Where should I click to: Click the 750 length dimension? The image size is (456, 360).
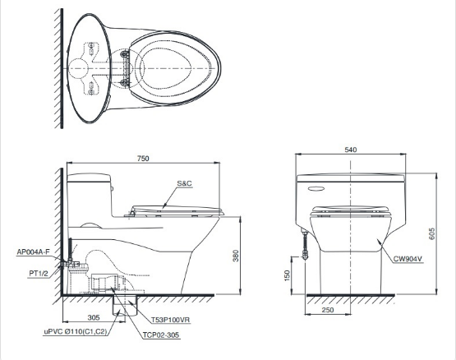(143, 159)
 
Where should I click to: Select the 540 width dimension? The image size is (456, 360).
(351, 150)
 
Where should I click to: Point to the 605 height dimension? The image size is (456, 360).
(431, 233)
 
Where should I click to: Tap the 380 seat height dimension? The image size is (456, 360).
(236, 256)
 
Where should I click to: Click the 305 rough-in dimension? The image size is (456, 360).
(94, 317)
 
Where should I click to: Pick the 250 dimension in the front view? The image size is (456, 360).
(328, 310)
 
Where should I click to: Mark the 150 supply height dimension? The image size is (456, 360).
(288, 275)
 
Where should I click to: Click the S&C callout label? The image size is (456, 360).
(185, 183)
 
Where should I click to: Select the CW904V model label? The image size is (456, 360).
(408, 259)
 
